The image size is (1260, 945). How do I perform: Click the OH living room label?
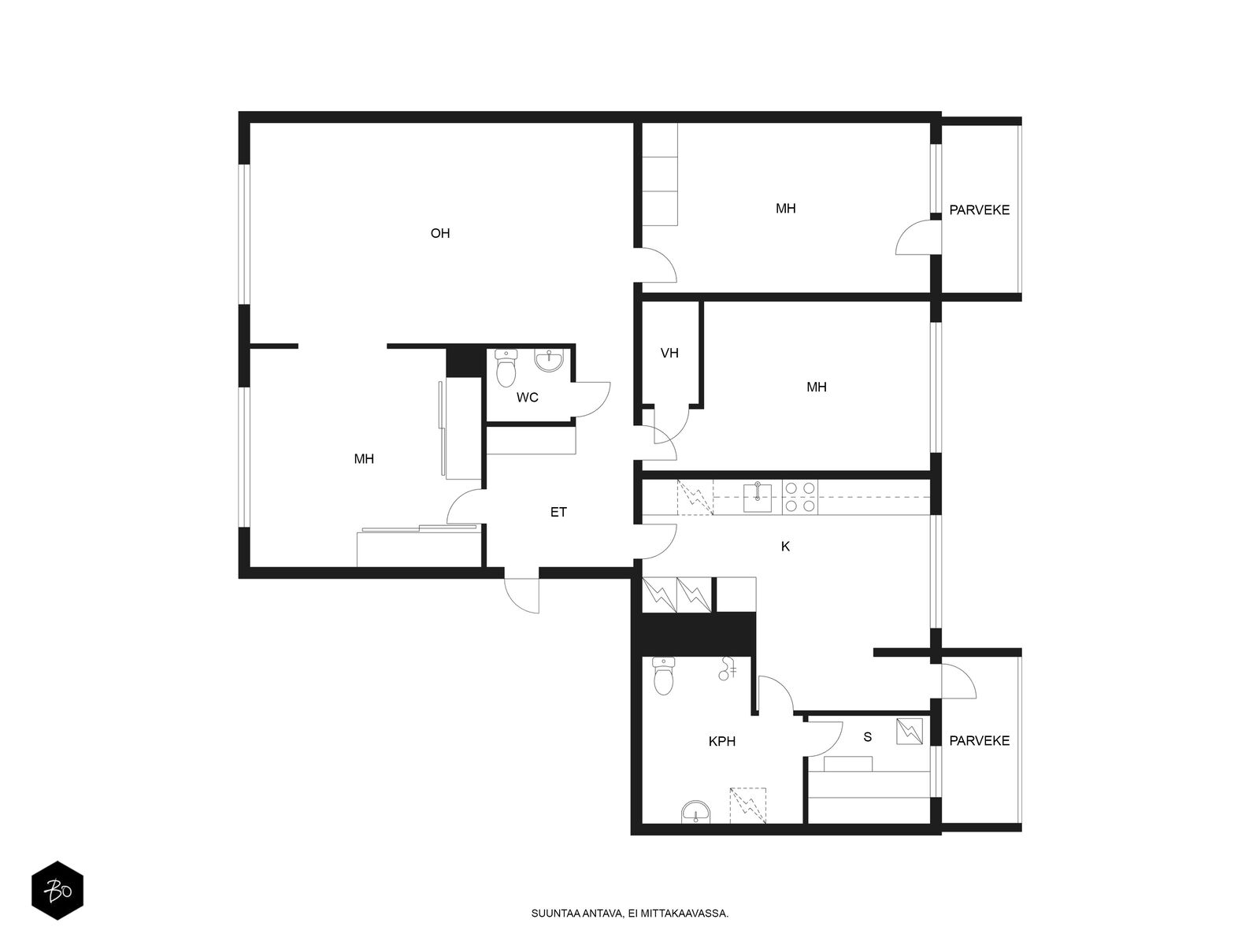click(x=440, y=233)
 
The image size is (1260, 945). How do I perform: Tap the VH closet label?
click(x=669, y=353)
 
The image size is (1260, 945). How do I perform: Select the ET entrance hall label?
click(x=558, y=512)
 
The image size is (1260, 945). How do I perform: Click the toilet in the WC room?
click(x=506, y=369)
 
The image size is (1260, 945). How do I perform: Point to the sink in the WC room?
click(x=549, y=361)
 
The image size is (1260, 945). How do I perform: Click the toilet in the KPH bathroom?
click(x=665, y=676)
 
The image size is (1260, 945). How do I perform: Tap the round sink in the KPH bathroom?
click(x=695, y=811)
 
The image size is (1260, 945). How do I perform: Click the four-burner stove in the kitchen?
click(x=800, y=497)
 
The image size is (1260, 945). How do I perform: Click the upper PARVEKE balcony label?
click(x=979, y=210)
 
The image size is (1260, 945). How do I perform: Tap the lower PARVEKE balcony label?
click(x=979, y=741)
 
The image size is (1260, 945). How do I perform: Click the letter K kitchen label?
click(x=785, y=546)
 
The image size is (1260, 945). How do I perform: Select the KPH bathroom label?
click(x=721, y=741)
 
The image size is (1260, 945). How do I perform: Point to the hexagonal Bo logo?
click(x=57, y=892)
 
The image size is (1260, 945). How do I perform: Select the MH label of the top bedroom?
click(x=785, y=208)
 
